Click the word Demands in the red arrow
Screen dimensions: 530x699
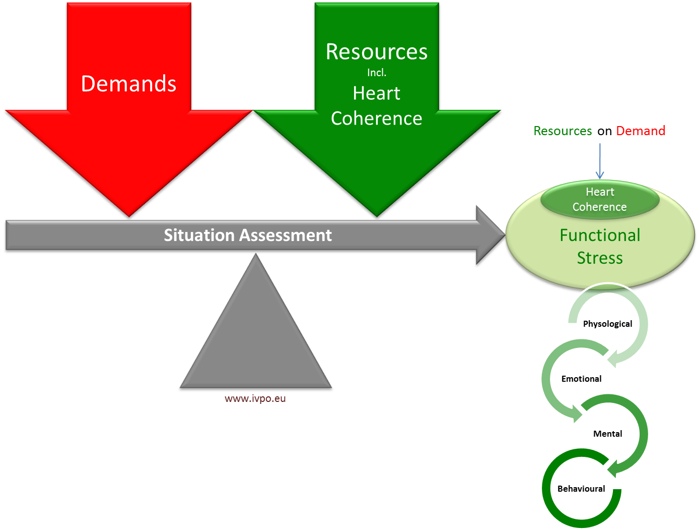click(x=128, y=84)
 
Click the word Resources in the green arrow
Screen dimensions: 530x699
click(x=377, y=52)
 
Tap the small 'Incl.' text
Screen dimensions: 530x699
click(x=377, y=73)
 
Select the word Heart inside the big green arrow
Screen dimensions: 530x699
click(x=377, y=93)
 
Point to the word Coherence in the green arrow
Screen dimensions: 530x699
click(x=377, y=119)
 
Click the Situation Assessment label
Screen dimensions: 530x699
click(x=248, y=235)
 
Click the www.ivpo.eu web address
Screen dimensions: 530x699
click(x=255, y=399)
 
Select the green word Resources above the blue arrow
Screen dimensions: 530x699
click(x=563, y=131)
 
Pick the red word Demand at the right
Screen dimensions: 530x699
click(x=641, y=131)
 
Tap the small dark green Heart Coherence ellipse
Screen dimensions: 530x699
click(x=600, y=200)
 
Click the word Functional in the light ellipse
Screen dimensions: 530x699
click(x=600, y=235)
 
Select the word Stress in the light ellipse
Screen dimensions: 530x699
click(x=600, y=258)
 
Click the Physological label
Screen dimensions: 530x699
click(x=607, y=324)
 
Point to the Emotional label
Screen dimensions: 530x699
click(x=581, y=379)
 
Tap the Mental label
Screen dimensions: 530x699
click(x=607, y=434)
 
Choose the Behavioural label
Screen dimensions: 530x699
click(x=581, y=489)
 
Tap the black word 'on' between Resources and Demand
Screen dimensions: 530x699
click(x=604, y=132)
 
